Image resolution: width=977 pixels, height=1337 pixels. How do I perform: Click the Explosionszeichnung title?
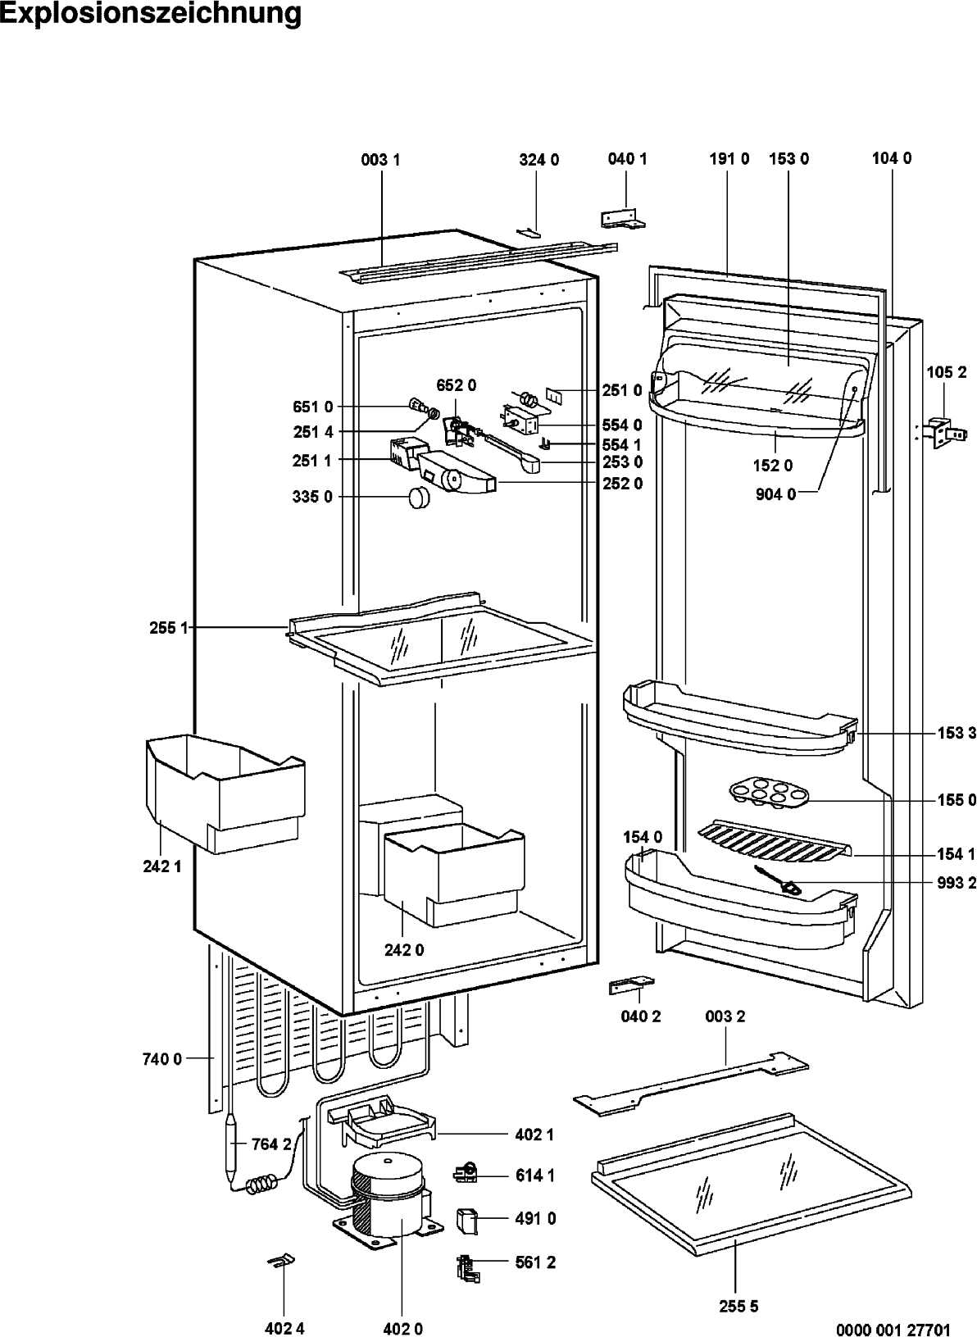click(x=151, y=15)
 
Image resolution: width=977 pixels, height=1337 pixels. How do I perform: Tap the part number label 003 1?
click(x=381, y=161)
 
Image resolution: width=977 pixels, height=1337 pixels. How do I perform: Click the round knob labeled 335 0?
click(x=420, y=498)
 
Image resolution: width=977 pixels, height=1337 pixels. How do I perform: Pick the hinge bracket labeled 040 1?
click(x=622, y=218)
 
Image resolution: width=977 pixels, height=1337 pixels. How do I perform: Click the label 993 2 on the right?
click(x=957, y=883)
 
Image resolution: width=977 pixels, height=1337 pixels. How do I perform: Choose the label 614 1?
click(x=535, y=1176)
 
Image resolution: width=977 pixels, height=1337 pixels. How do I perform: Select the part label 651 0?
click(x=313, y=407)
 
